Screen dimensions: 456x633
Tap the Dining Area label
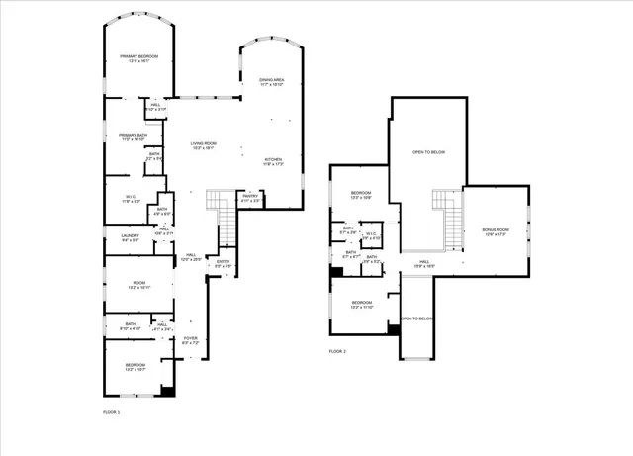[x=272, y=82]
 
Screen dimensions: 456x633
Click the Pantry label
[x=250, y=198]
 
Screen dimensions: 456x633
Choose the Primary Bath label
[x=132, y=137]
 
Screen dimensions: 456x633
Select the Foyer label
[x=190, y=340]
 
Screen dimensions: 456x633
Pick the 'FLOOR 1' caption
[x=111, y=410]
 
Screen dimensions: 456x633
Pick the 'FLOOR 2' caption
[x=338, y=351]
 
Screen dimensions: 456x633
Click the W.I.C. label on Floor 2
[x=372, y=237]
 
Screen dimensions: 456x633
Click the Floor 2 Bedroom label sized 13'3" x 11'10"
[x=361, y=305]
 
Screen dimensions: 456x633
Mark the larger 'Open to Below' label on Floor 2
[x=428, y=152]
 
